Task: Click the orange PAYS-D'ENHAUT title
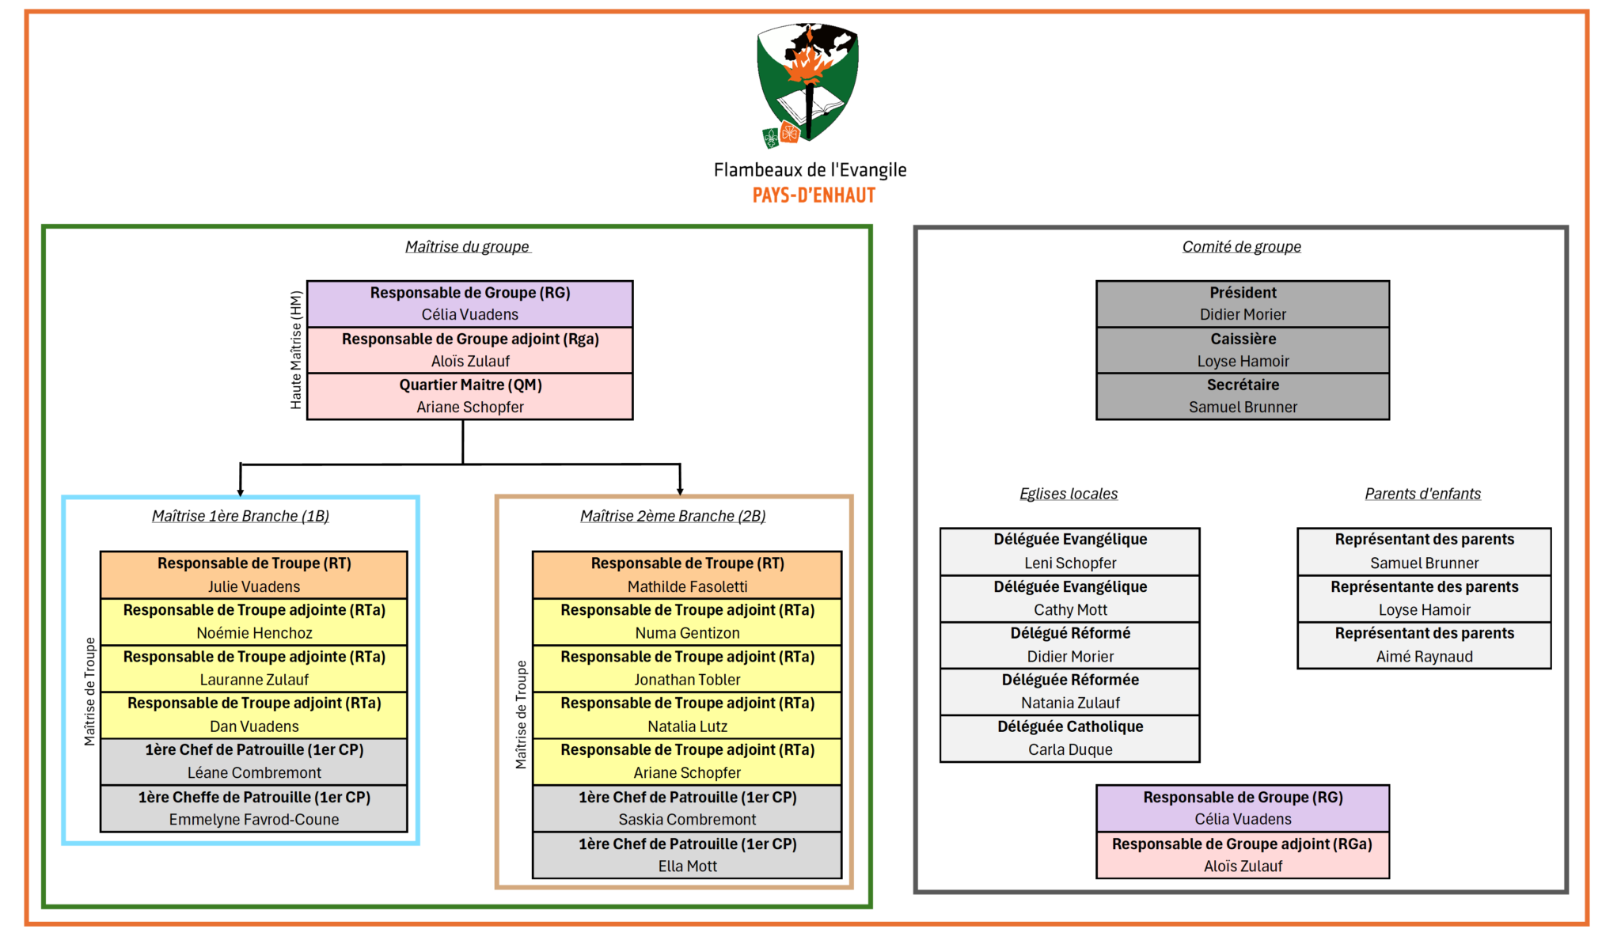[x=814, y=195]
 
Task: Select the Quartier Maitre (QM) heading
[x=470, y=385]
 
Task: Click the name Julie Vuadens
[x=254, y=586]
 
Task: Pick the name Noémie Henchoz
[x=254, y=633]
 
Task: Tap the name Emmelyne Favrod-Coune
[x=254, y=820]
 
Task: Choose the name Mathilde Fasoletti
[x=687, y=586]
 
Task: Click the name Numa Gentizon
[x=687, y=633]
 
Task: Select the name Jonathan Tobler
[x=687, y=680]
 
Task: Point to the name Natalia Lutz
[x=687, y=726]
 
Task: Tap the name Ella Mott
[x=687, y=866]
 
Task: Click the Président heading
[x=1243, y=293]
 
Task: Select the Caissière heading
[x=1243, y=339]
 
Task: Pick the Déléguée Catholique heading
[x=1070, y=726]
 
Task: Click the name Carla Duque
[x=1070, y=749]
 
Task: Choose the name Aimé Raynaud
[x=1424, y=657]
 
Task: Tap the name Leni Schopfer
[x=1070, y=563]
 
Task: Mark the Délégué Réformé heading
[x=1070, y=633]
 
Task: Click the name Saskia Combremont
[x=687, y=820]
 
